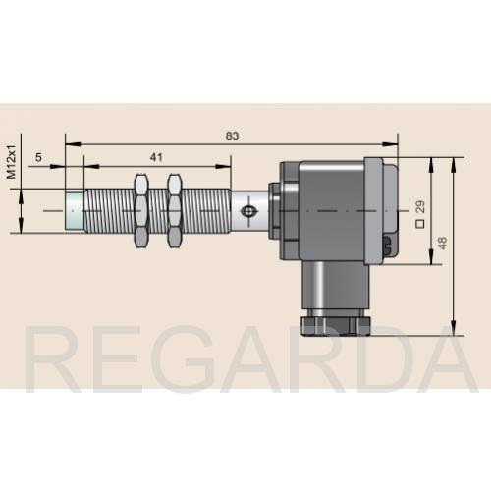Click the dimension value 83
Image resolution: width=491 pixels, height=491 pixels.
pyautogui.click(x=232, y=136)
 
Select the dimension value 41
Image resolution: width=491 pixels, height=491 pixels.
pyautogui.click(x=156, y=157)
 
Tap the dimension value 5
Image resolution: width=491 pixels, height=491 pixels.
pyautogui.click(x=38, y=157)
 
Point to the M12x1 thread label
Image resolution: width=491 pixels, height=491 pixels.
pyautogui.click(x=12, y=162)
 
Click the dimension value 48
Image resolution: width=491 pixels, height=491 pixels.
pyautogui.click(x=442, y=244)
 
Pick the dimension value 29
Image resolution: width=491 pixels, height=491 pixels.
pyautogui.click(x=420, y=206)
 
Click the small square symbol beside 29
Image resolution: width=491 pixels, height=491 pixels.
pyautogui.click(x=420, y=224)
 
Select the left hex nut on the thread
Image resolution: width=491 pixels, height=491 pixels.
pyautogui.click(x=141, y=211)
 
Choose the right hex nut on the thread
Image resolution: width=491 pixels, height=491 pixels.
pyautogui.click(x=175, y=211)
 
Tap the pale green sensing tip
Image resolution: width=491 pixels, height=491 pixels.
pyautogui.click(x=75, y=211)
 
